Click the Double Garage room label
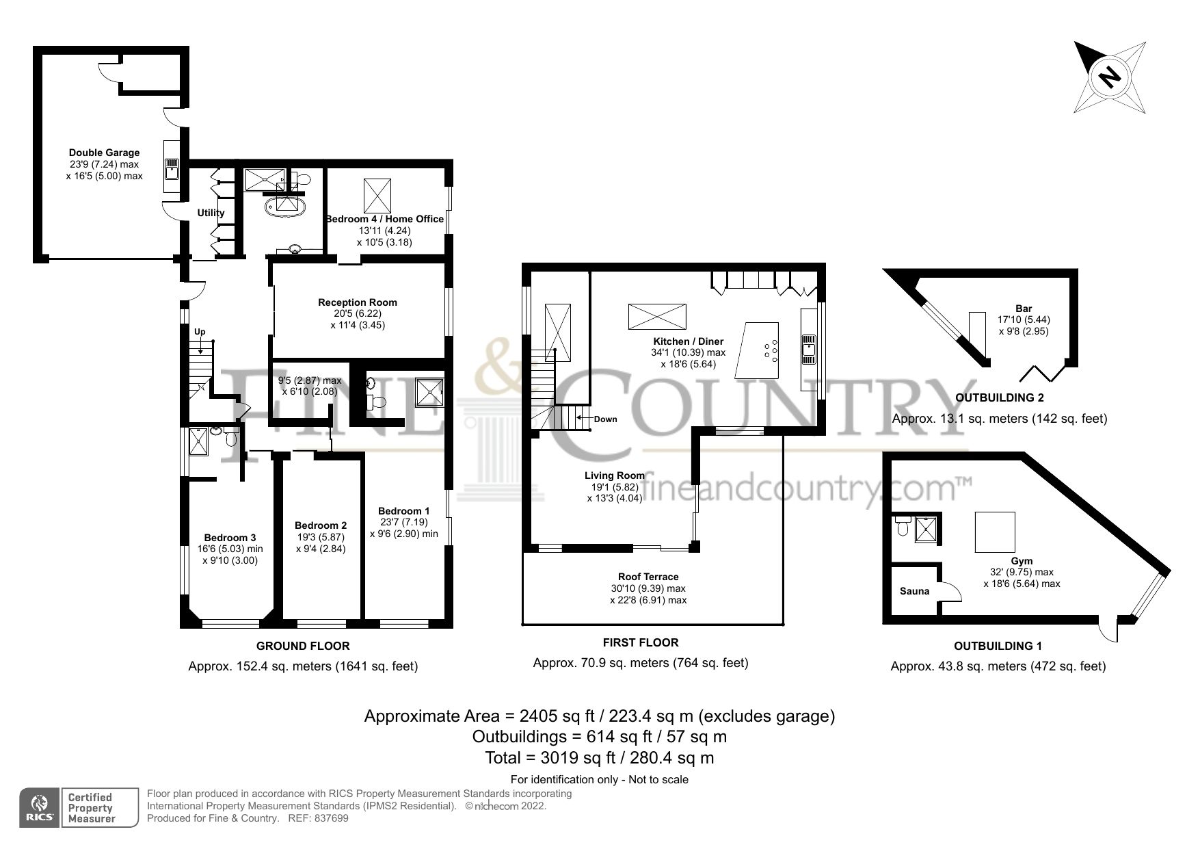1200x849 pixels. coord(104,153)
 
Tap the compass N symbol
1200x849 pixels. coord(1109,77)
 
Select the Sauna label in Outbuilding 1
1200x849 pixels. coord(914,591)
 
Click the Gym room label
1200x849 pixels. coord(1022,561)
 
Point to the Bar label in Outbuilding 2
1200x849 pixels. coord(1024,309)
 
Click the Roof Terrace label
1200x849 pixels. coord(648,577)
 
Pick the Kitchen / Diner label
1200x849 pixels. coord(688,341)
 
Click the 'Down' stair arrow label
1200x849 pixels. coord(604,419)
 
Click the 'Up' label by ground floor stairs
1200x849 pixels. coord(200,332)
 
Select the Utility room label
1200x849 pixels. coord(211,213)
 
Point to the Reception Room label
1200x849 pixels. coord(357,302)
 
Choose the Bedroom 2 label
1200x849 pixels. coord(321,525)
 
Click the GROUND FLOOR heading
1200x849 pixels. coord(302,646)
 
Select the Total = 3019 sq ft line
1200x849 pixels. coord(599,757)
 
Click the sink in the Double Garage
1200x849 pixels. coord(171,168)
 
